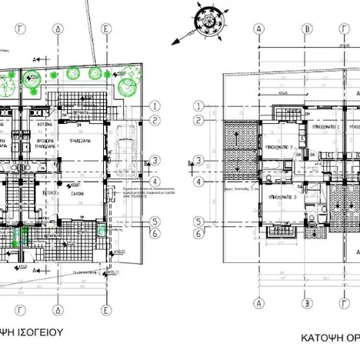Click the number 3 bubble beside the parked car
[x=155, y=161]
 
